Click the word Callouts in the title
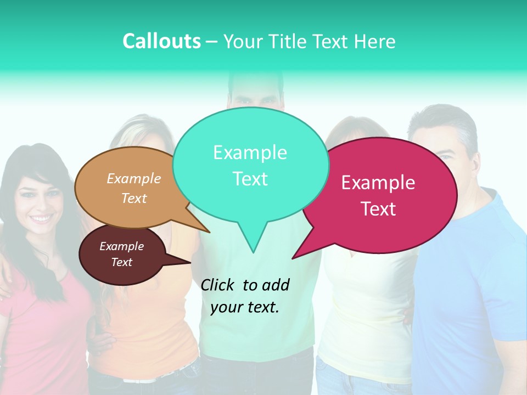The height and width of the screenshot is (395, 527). (x=161, y=41)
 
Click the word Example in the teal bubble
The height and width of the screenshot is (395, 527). (x=250, y=153)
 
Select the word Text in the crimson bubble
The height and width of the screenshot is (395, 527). (x=378, y=209)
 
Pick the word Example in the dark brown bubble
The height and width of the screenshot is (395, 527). (x=121, y=246)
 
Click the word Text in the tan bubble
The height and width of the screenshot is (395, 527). (x=134, y=198)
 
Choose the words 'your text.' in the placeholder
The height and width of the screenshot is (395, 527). (x=245, y=307)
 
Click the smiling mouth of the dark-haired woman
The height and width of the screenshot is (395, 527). (x=41, y=219)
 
